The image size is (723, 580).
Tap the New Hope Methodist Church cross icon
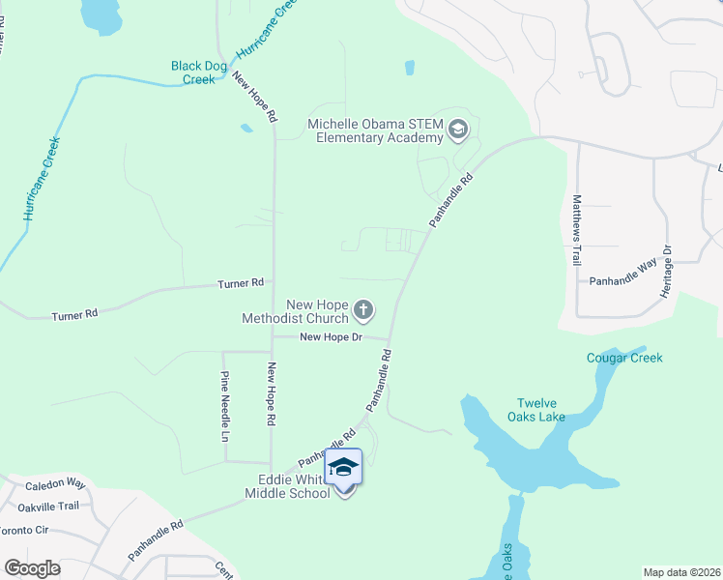363,310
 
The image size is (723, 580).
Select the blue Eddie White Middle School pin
343,467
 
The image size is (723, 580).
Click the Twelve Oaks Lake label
540,410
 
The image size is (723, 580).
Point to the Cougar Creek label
624,358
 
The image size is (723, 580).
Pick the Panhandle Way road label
623,274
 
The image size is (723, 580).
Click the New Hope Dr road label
330,336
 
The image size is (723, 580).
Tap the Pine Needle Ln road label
225,406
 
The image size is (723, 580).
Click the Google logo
31,567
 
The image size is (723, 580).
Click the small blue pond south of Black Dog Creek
246,128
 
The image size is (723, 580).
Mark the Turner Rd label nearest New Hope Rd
241,283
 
